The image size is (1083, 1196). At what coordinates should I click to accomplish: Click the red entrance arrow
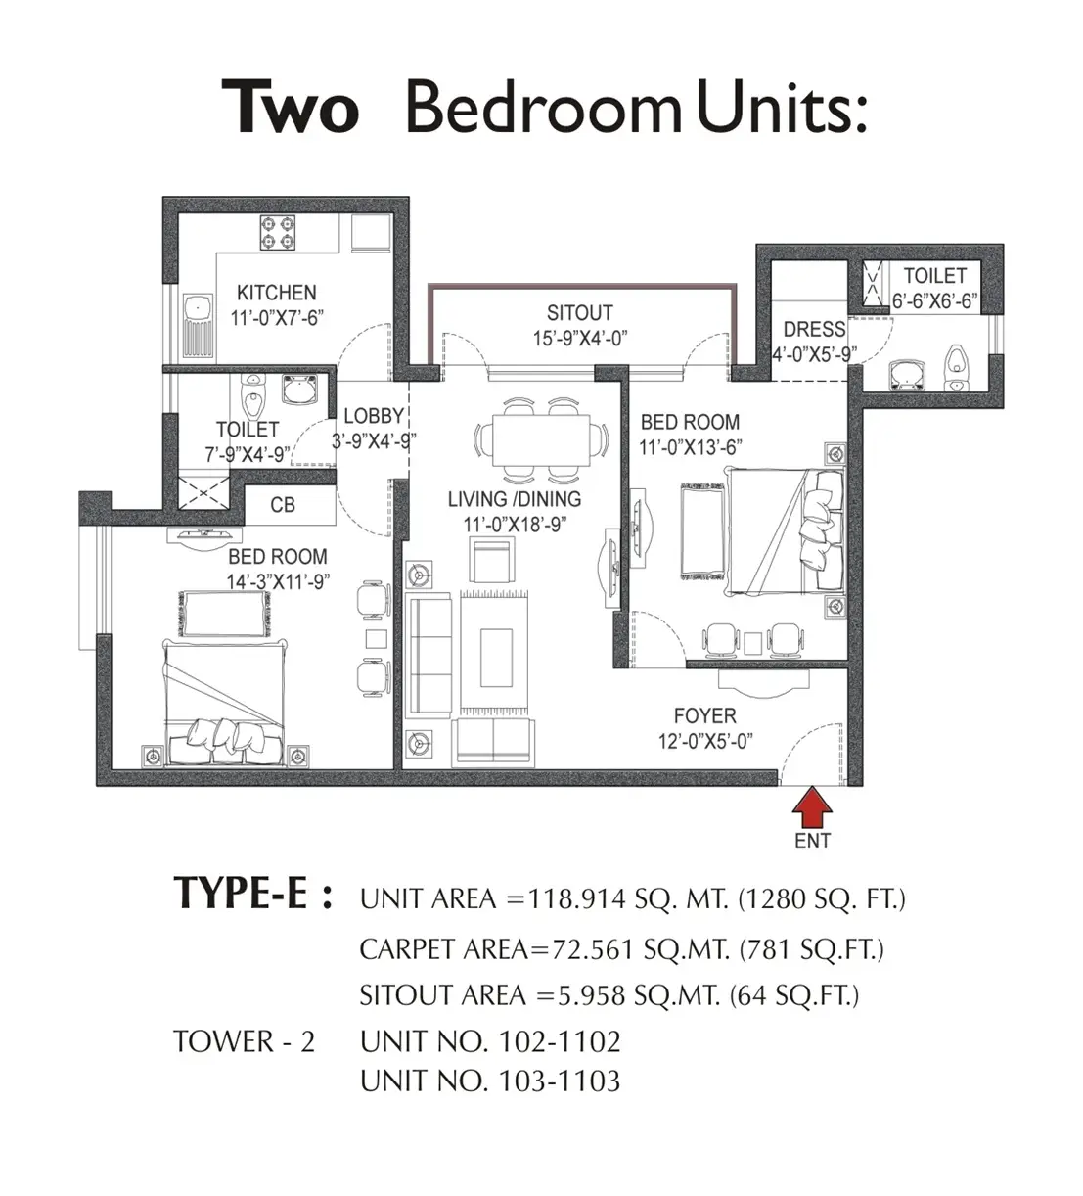(x=812, y=807)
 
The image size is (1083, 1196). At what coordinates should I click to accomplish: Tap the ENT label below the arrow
(x=812, y=841)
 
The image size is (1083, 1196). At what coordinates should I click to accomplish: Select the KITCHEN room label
(x=277, y=293)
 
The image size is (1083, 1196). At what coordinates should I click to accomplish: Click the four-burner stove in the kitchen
(x=278, y=233)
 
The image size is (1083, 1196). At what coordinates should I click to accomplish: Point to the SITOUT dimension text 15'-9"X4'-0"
(x=580, y=339)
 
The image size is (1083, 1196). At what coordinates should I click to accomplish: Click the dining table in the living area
(x=541, y=440)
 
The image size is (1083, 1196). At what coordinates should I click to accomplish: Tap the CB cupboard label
(x=283, y=505)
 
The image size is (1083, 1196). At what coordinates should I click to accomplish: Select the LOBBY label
(x=374, y=416)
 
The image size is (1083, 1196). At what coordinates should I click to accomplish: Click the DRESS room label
(x=814, y=329)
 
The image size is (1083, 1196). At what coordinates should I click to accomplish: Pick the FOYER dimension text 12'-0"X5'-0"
(x=705, y=741)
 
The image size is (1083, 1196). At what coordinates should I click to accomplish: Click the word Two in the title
(x=291, y=108)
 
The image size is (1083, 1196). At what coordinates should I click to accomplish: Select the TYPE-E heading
(x=252, y=894)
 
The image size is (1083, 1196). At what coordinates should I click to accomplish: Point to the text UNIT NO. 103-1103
(x=490, y=1081)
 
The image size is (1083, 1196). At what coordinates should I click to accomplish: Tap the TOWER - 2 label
(x=244, y=1041)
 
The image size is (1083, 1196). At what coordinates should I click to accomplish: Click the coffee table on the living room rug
(x=497, y=658)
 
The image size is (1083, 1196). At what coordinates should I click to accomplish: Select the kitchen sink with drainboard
(x=198, y=326)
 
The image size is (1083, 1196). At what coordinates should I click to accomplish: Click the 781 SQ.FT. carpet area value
(x=812, y=949)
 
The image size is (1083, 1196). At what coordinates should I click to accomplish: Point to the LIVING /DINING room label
(x=515, y=499)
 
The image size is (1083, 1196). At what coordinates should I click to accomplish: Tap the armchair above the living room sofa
(x=492, y=559)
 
